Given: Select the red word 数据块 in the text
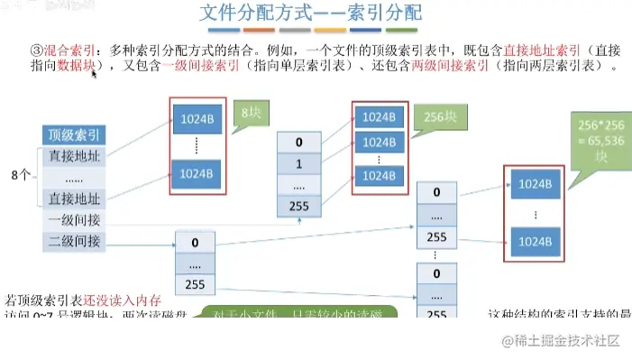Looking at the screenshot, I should click(77, 67).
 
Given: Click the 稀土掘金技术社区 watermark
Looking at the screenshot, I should click(561, 340).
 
